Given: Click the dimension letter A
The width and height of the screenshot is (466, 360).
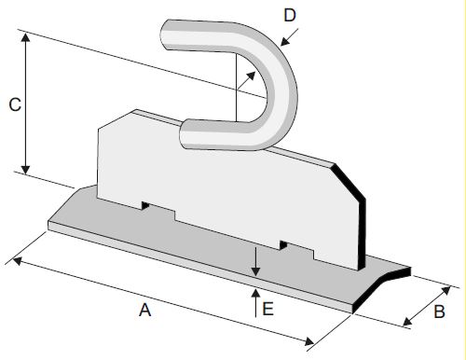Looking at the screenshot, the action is [x=145, y=310].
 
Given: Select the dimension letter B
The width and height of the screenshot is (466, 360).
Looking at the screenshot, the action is [x=439, y=312].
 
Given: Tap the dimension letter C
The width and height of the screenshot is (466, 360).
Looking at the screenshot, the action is [x=15, y=104].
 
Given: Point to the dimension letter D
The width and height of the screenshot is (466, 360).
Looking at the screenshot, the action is [x=290, y=15].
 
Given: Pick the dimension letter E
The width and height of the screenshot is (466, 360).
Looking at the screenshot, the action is [x=267, y=309].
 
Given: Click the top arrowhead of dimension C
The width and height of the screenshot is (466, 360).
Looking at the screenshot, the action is [x=26, y=37].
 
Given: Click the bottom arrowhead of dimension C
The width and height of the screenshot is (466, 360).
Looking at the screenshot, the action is [x=26, y=169].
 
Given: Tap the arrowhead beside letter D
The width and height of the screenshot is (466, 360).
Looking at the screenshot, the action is [x=285, y=42].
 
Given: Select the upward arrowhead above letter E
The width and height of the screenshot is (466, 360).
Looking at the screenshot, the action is [x=255, y=293].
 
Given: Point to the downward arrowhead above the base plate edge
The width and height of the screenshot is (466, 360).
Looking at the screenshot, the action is [x=255, y=271].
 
